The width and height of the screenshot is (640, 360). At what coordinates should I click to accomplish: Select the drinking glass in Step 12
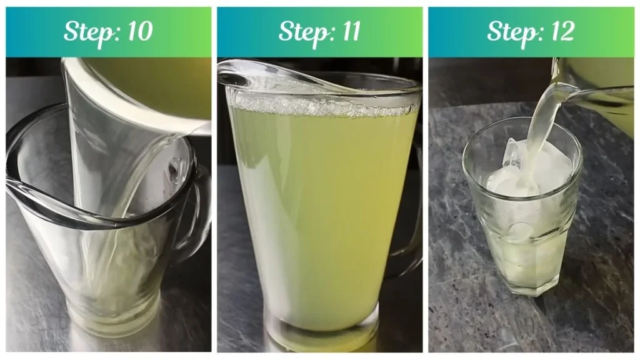coord(522,212)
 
